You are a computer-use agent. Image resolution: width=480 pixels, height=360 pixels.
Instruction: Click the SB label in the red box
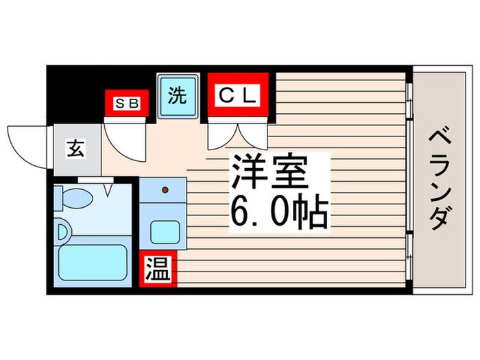(x=126, y=104)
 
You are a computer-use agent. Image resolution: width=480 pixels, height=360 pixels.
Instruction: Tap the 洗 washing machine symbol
(x=178, y=96)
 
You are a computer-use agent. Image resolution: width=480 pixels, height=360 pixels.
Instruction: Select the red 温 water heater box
(x=158, y=269)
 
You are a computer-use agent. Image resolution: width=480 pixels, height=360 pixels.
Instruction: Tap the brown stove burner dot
(x=164, y=189)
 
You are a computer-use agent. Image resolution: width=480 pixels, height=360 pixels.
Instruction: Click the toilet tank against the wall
(x=60, y=199)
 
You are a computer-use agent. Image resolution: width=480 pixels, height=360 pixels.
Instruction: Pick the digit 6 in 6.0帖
(x=240, y=213)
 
